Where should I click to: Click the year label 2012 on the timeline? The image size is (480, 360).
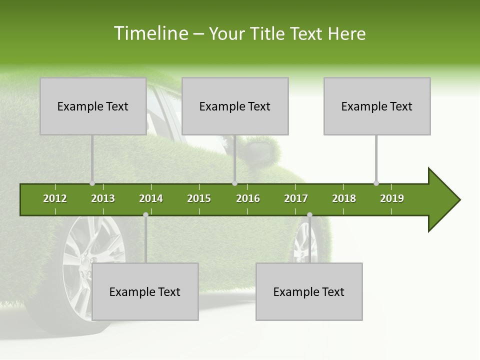coord(55,198)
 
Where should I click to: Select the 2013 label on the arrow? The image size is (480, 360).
coord(103,198)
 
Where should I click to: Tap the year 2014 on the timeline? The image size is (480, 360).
coord(151,198)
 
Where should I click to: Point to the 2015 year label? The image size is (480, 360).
coord(199,198)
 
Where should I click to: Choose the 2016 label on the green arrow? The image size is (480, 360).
coord(248,198)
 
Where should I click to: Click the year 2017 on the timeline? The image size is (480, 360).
coord(296,198)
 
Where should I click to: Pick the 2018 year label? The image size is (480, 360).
coord(344,198)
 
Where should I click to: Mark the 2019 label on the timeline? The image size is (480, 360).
coord(392,198)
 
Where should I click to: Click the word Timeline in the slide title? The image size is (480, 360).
coord(150,33)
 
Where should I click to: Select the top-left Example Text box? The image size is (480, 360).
coord(93,106)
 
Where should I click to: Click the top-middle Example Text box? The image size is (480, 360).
coord(235,106)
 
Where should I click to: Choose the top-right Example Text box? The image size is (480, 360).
coord(377,106)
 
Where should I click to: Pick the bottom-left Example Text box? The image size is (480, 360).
coord(145,291)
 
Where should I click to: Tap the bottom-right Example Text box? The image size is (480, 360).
coord(309,291)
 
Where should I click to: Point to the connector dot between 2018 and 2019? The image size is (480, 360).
coord(376,183)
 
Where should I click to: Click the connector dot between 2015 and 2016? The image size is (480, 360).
coord(234,183)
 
